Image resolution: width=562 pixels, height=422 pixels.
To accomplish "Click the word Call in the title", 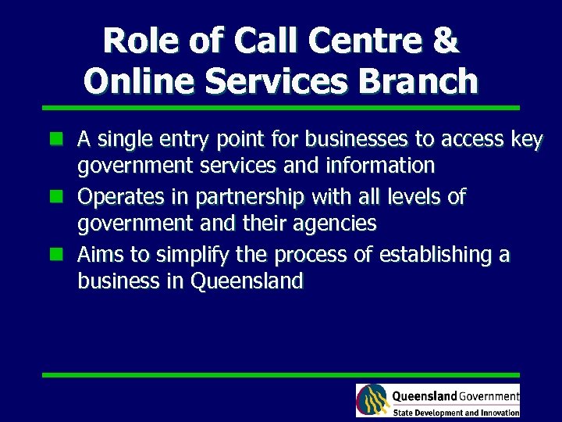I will coord(226,41).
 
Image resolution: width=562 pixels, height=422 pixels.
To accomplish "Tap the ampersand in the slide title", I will coord(446,41).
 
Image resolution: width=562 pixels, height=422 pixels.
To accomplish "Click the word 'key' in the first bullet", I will coord(526,141).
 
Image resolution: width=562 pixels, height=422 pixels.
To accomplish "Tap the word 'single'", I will coord(123,141).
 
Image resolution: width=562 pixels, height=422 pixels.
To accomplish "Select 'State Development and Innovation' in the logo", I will coord(456,412).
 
